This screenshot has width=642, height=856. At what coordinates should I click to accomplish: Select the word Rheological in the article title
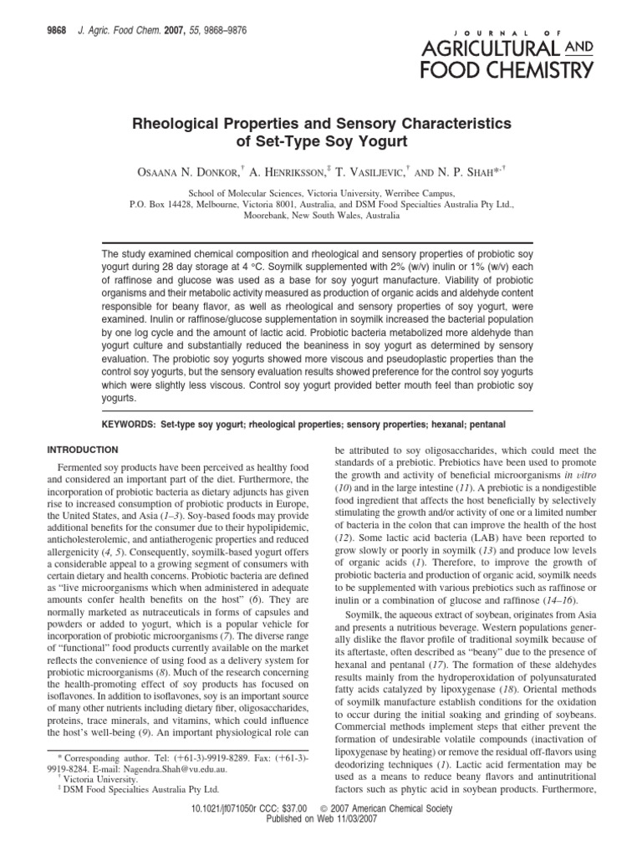179,123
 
